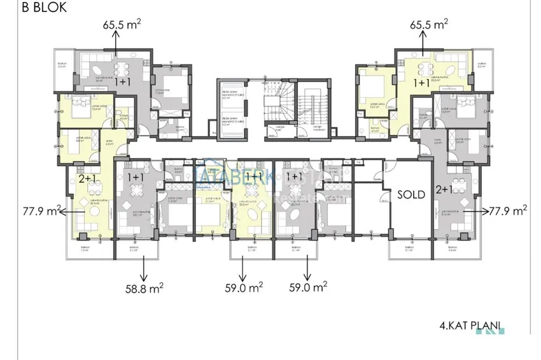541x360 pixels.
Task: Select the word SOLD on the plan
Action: click(x=411, y=195)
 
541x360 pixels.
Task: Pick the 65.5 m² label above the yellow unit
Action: click(x=428, y=25)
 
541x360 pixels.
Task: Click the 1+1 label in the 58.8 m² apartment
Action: click(x=136, y=176)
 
